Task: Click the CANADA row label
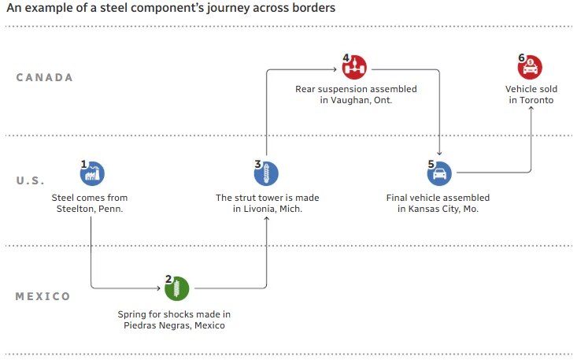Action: [45, 77]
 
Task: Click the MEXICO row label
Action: [43, 296]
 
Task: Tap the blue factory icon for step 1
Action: [93, 173]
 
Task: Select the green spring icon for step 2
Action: [176, 288]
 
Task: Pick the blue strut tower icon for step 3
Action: [267, 173]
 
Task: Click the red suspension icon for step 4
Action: [356, 65]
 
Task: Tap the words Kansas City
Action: [437, 209]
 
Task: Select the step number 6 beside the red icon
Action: [520, 58]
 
